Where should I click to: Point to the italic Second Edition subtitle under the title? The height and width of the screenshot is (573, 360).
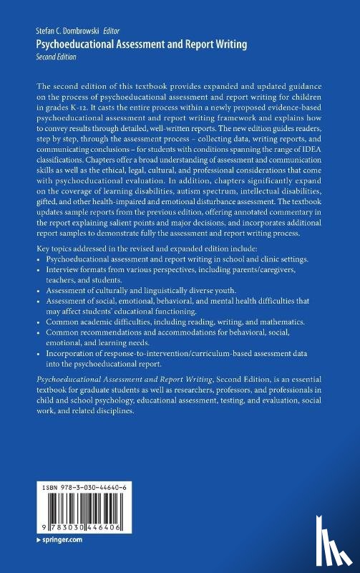tap(58, 55)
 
